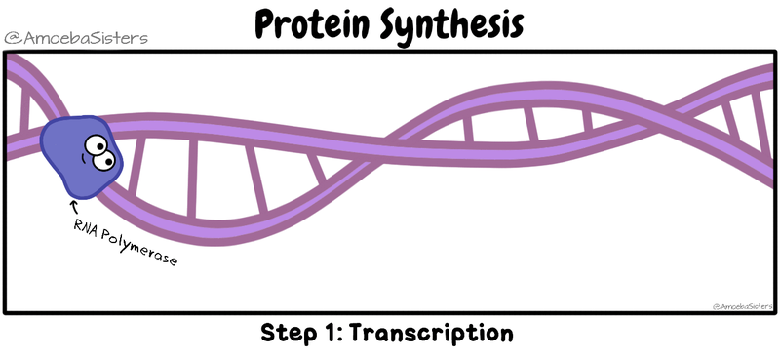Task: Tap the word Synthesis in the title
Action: coord(452,27)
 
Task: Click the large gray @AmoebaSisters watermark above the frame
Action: coord(76,38)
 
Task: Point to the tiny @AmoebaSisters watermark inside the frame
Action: coord(744,306)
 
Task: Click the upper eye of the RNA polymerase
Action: coord(96,145)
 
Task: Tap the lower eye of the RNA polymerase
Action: coord(104,160)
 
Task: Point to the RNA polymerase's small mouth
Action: coord(83,159)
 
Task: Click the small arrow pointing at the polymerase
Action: coord(75,207)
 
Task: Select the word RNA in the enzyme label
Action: coord(86,227)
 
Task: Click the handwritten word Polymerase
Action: coord(138,249)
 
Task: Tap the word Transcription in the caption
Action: coord(431,333)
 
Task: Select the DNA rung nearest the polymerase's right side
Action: coord(136,167)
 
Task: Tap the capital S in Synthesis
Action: coord(394,25)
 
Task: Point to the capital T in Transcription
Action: coord(359,333)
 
